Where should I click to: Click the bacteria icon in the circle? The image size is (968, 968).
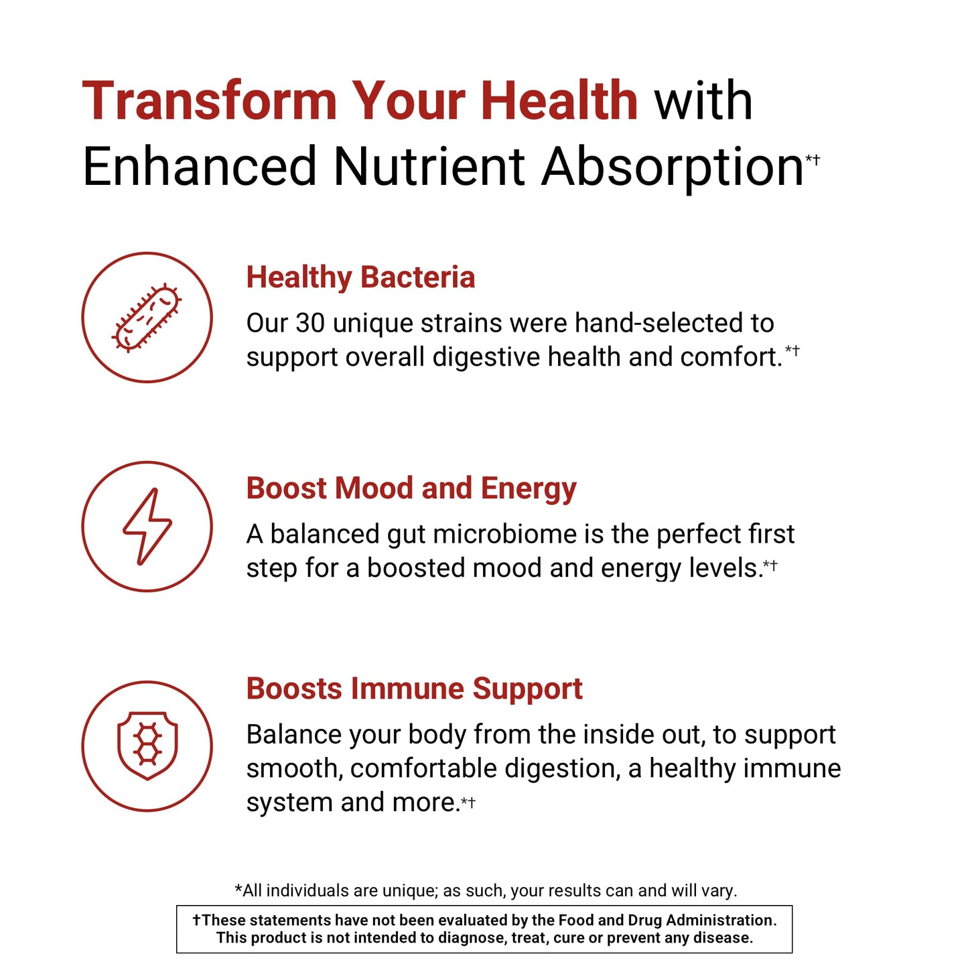(x=147, y=318)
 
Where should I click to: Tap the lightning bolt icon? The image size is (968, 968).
(x=147, y=527)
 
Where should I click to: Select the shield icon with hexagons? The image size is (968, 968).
(x=147, y=746)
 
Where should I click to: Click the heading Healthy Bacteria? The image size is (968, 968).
(x=360, y=277)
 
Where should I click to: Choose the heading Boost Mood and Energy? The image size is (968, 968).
(x=411, y=488)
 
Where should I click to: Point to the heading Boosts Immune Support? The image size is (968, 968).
(x=414, y=689)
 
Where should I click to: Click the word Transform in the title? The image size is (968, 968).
(x=209, y=101)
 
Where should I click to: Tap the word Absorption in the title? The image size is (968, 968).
(x=672, y=167)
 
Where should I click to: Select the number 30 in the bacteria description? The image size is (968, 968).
(x=310, y=324)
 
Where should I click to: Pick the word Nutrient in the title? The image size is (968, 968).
(x=429, y=167)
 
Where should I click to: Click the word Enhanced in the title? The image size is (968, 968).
(x=199, y=167)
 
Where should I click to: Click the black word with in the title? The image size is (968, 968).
(x=703, y=101)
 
